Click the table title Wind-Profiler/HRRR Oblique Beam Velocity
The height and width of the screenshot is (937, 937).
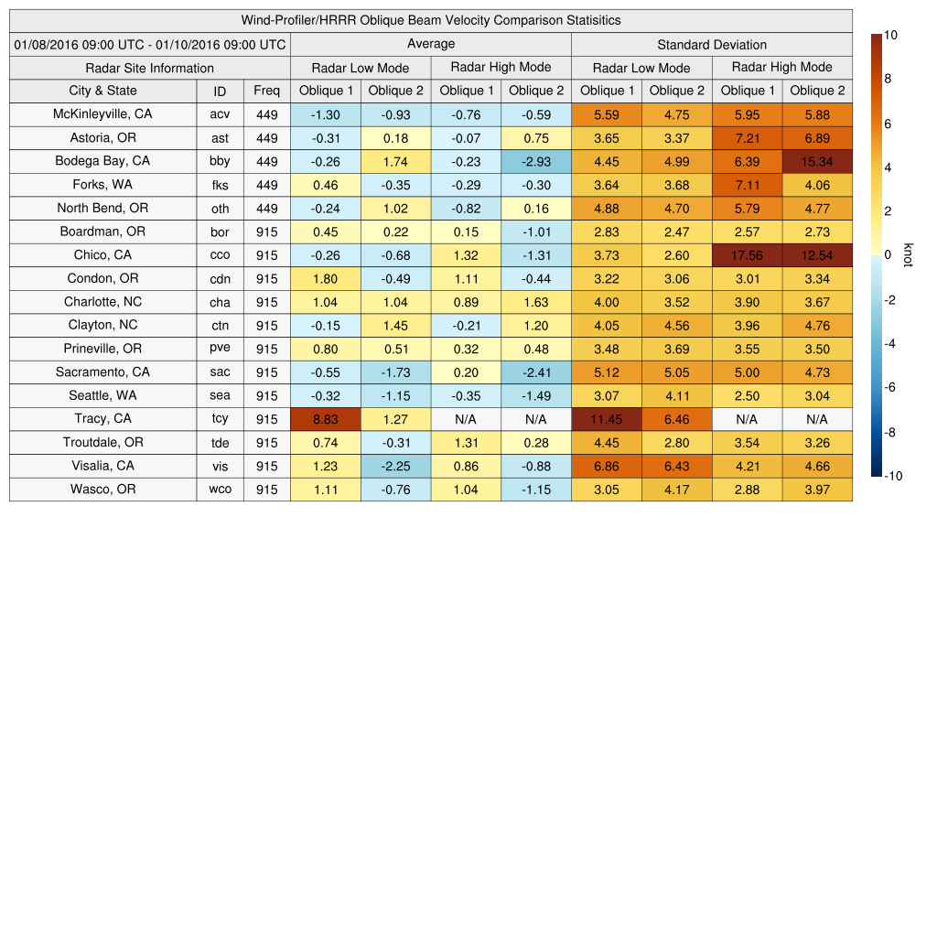pos(431,20)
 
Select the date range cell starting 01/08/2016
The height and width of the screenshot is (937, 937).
pos(150,44)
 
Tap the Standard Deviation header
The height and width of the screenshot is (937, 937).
pos(712,44)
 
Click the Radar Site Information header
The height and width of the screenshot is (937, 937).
pos(150,68)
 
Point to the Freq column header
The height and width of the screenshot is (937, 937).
pos(267,91)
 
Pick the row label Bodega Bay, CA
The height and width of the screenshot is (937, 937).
pos(102,161)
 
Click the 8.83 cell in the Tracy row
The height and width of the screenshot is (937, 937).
pos(325,419)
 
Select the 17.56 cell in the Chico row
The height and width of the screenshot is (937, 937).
pos(747,255)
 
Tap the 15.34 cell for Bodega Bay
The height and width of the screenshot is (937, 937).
pos(817,162)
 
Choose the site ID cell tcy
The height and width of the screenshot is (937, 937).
pos(220,419)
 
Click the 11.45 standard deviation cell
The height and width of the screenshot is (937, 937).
pos(606,419)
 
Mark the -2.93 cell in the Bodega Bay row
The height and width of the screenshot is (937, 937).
pos(536,162)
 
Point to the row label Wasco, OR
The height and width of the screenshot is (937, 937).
pos(102,490)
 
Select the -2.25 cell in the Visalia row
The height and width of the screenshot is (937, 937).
pos(395,466)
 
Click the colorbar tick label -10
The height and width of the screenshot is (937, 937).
pos(894,476)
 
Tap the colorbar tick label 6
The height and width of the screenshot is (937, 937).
pos(889,124)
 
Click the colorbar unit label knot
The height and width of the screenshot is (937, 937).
pos(908,254)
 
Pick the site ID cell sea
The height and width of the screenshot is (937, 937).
pos(220,395)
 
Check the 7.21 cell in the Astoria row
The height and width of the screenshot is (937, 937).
pos(747,138)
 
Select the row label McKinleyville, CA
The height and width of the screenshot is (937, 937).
pos(102,114)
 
